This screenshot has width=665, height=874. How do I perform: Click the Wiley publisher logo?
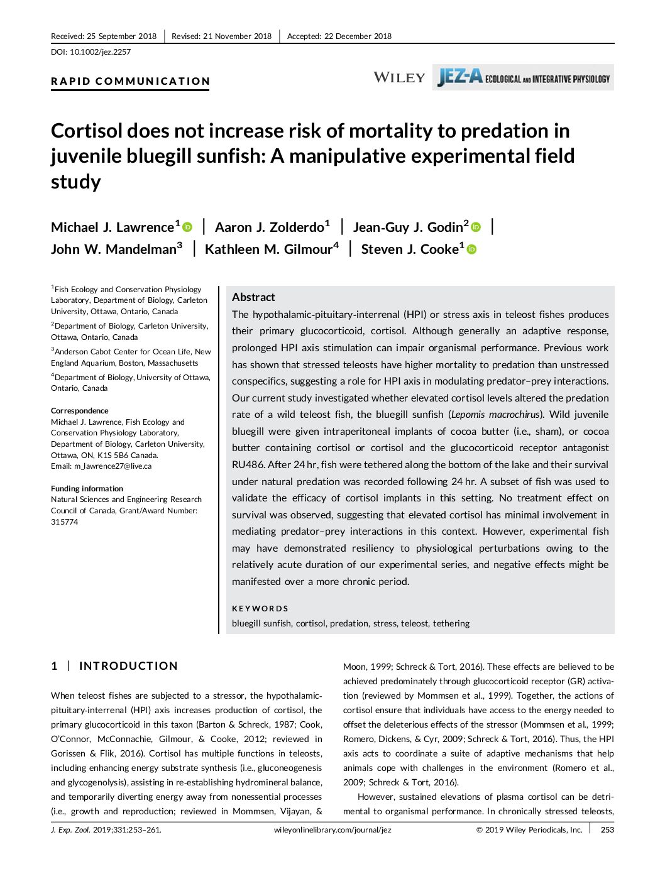tap(399, 77)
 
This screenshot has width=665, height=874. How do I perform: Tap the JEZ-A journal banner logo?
tap(523, 77)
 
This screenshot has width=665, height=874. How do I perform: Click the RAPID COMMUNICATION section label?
tap(130, 81)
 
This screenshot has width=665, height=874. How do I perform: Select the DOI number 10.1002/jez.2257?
tap(101, 52)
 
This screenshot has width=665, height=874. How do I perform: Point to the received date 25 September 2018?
tap(121, 36)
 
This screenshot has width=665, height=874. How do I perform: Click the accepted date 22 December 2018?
tap(358, 36)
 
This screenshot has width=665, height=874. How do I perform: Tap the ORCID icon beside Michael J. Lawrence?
tap(187, 227)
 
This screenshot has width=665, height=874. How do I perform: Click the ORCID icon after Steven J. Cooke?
tap(471, 249)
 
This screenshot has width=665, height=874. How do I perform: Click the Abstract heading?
tap(253, 297)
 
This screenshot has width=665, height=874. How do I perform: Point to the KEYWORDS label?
tap(260, 608)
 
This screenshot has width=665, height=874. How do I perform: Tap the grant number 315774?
tap(65, 522)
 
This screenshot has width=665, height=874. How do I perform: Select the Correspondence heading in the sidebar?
tap(80, 410)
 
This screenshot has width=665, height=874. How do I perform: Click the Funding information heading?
tap(87, 489)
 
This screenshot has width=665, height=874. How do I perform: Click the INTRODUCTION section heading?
tap(128, 666)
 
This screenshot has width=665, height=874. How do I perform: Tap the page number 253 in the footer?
tap(607, 830)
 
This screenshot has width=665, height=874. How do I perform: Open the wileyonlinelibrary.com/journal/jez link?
tap(332, 830)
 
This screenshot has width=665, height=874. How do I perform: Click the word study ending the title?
tap(75, 182)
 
